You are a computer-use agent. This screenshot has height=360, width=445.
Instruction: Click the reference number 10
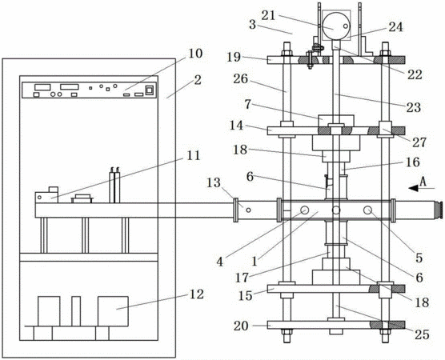tap(195, 54)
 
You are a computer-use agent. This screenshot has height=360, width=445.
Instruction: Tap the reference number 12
tap(197, 294)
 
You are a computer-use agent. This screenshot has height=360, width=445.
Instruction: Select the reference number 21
tap(268, 15)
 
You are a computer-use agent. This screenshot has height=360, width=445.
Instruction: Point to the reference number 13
tap(214, 182)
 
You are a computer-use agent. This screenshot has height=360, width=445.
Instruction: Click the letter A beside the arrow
tap(423, 182)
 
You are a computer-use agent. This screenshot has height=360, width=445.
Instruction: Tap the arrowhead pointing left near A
tap(413, 188)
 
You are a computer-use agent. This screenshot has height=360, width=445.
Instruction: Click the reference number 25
tap(422, 334)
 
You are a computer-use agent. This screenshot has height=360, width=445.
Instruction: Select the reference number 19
tap(234, 57)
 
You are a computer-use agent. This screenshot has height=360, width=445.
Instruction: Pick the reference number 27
tap(419, 142)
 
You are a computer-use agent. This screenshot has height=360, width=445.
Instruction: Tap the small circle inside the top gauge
tap(346, 26)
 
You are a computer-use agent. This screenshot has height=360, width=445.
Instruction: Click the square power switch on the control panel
tap(150, 90)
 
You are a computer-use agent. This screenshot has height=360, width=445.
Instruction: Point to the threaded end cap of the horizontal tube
tap(438, 210)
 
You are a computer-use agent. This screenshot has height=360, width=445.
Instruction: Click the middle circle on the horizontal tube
tap(336, 210)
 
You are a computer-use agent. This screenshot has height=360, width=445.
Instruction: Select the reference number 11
tap(193, 155)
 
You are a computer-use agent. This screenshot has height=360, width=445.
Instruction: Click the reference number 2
tap(198, 80)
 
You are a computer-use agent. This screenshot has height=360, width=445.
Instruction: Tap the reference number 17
tap(242, 278)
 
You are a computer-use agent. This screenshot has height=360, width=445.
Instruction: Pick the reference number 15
tap(245, 296)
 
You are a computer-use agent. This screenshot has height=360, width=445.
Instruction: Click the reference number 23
tap(414, 107)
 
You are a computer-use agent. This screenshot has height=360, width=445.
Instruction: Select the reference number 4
tap(219, 262)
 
